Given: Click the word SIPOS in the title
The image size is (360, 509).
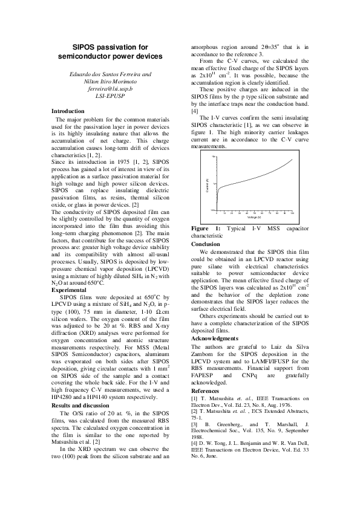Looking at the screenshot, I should (85, 47).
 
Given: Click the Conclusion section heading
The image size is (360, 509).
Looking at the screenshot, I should (206, 244).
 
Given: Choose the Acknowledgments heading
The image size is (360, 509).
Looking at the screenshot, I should (214, 339).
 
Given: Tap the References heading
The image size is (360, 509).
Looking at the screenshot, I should (206, 391).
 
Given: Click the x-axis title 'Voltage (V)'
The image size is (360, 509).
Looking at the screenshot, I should (254, 217).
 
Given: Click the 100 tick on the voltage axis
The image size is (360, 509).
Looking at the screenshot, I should (292, 213).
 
